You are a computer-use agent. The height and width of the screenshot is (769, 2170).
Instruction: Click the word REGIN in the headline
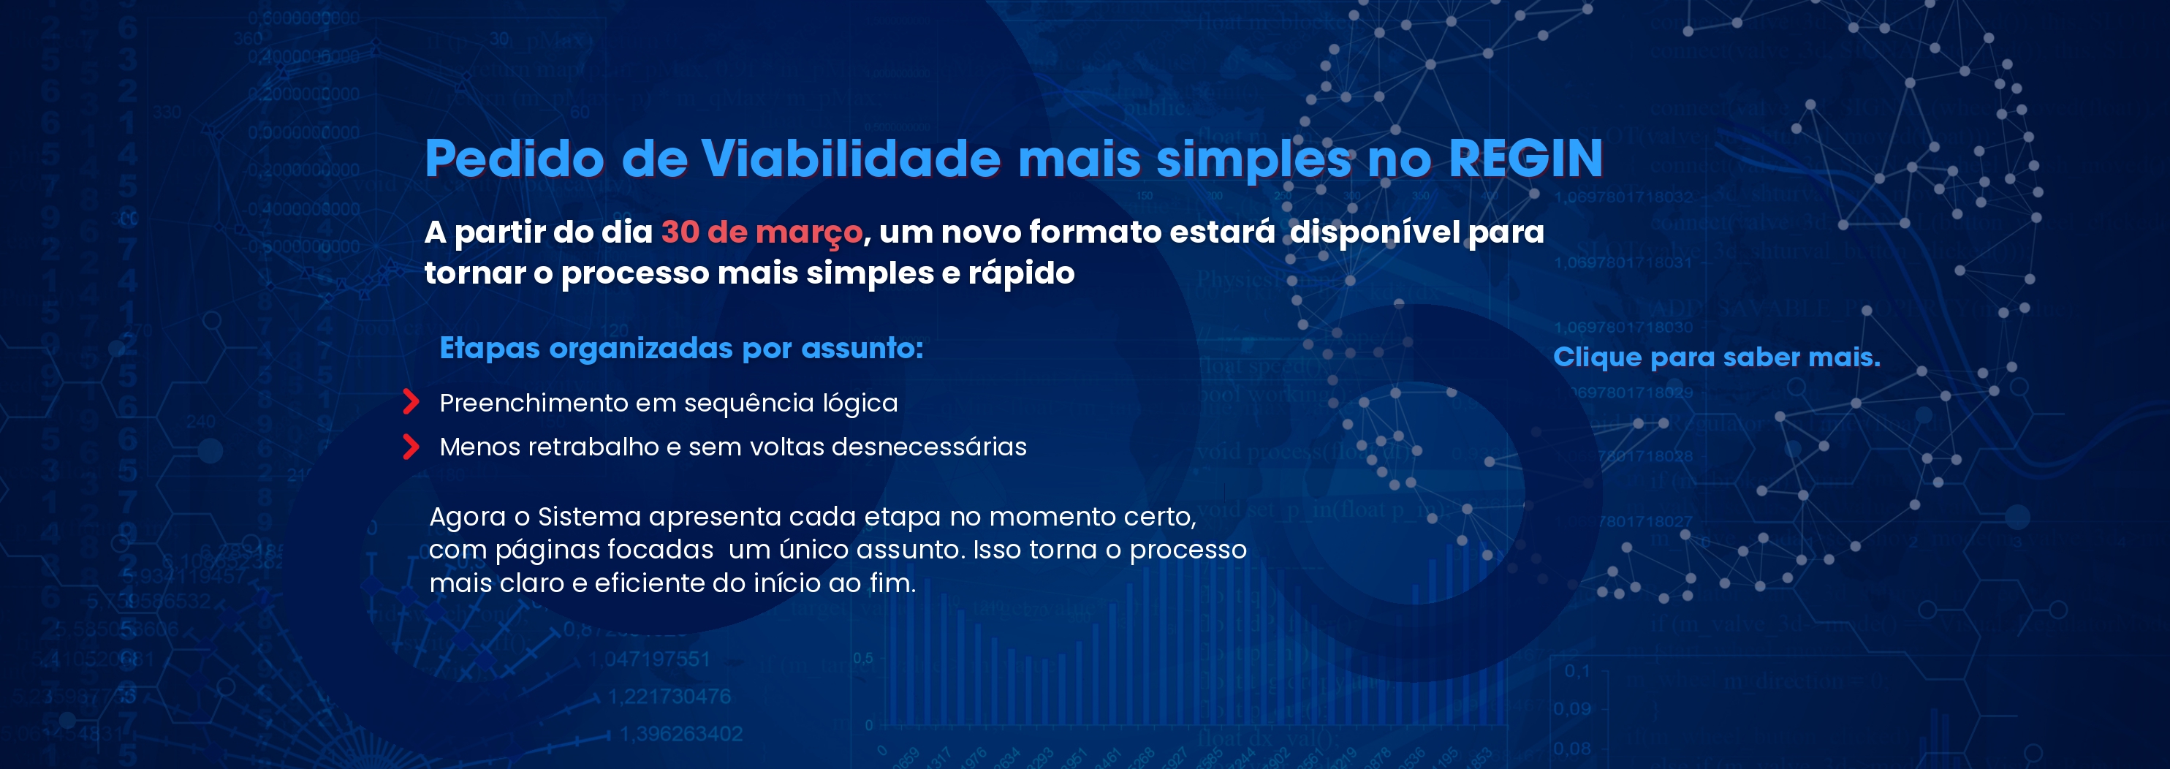(x=1525, y=159)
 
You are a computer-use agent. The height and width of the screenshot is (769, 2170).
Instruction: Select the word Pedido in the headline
(x=514, y=159)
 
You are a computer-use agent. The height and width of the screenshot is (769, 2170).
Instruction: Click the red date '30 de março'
(x=762, y=232)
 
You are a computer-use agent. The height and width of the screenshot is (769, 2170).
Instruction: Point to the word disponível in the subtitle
(x=1375, y=232)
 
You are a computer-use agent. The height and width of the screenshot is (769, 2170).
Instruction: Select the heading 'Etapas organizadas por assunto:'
(x=680, y=348)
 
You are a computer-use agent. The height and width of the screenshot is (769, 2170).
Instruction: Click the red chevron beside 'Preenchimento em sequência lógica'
(x=411, y=402)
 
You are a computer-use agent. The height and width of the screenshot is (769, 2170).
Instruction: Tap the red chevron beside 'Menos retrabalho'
(x=411, y=447)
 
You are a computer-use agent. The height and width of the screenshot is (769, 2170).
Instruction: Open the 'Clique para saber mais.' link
(x=1716, y=357)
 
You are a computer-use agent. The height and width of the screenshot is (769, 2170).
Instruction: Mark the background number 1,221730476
(x=669, y=697)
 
